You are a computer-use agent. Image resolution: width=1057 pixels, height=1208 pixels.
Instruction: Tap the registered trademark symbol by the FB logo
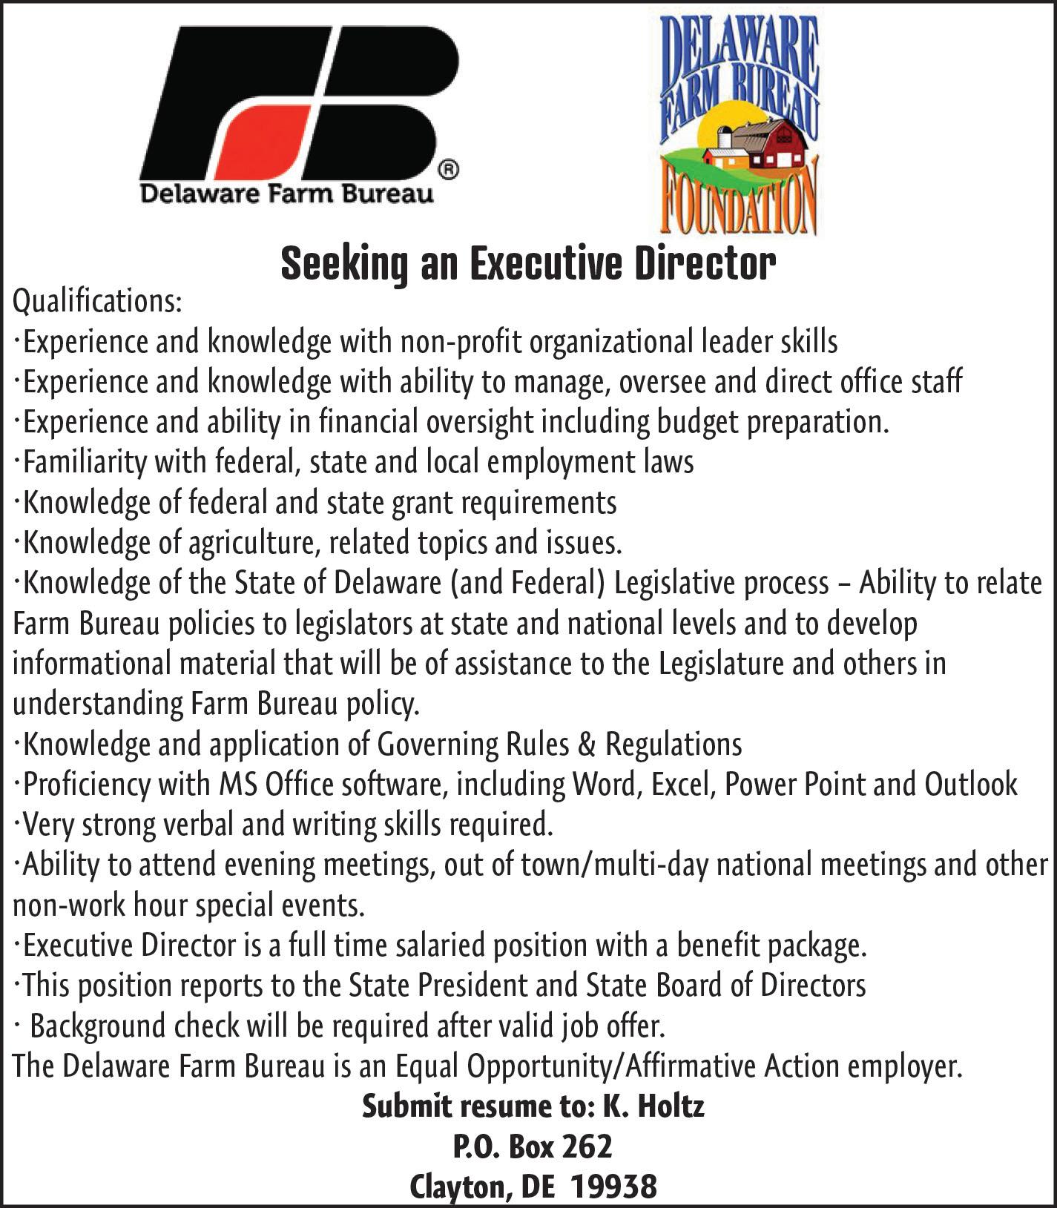click(450, 170)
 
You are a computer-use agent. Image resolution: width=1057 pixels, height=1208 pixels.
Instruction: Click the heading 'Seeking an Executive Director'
click(528, 264)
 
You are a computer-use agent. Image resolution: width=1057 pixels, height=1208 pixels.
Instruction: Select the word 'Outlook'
click(971, 784)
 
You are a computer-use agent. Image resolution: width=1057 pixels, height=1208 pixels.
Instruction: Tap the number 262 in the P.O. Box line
click(587, 1147)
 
